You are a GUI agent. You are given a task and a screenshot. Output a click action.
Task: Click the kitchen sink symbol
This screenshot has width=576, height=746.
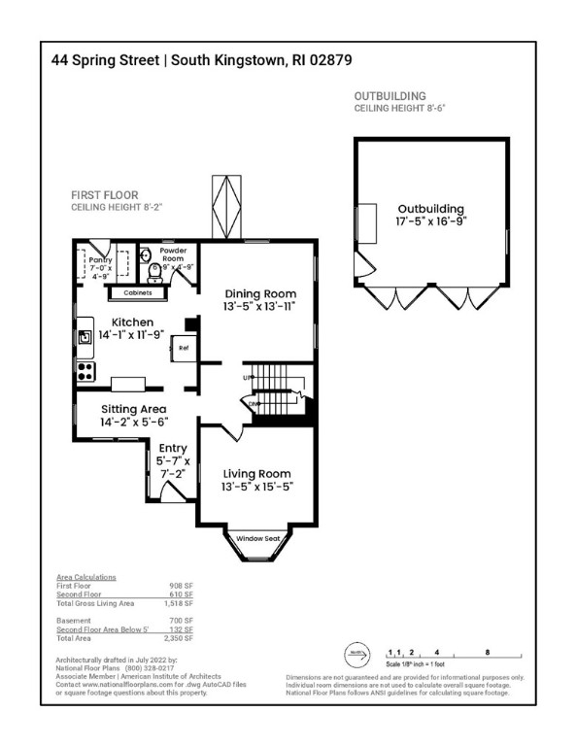(85, 338)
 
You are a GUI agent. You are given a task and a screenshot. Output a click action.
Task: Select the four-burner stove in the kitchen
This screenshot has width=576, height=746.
(85, 370)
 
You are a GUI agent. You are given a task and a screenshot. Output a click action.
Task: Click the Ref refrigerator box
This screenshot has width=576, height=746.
(183, 347)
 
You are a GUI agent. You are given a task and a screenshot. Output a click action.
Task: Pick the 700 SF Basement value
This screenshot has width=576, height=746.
(182, 620)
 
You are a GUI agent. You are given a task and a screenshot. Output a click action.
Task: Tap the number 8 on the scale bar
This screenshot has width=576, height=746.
(486, 653)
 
